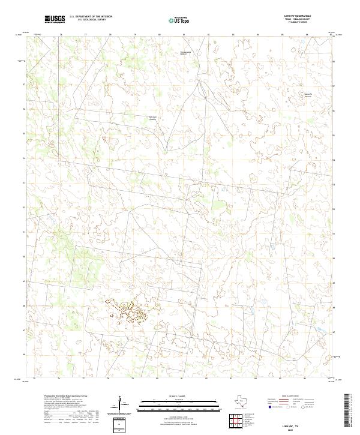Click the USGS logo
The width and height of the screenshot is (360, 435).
point(55,19)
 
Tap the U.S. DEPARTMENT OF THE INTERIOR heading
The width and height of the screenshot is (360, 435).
point(91,17)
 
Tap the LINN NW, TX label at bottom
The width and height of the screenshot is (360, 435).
point(290,425)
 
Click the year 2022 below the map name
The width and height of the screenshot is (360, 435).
point(290,430)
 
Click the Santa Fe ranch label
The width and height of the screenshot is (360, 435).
point(308,95)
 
